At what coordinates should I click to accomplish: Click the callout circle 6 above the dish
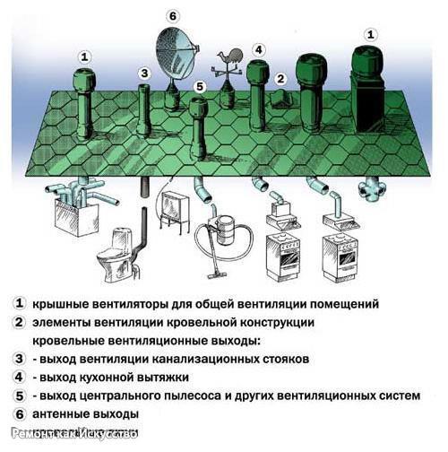click(x=173, y=14)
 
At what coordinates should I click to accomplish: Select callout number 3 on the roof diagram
click(x=143, y=73)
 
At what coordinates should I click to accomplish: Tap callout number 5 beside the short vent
click(x=199, y=87)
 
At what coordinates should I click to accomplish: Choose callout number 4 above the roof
click(x=258, y=49)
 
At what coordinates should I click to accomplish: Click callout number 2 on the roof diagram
click(x=280, y=78)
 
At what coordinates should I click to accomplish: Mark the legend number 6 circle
click(x=19, y=414)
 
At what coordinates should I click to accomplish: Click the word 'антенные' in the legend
click(x=61, y=414)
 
